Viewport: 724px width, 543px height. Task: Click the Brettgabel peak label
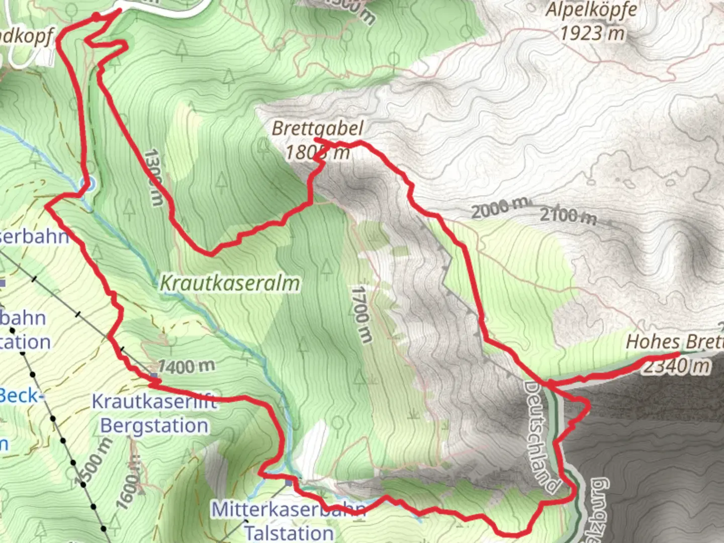317,129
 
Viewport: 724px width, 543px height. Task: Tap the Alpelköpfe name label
592,10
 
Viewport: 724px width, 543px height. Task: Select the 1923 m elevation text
592,34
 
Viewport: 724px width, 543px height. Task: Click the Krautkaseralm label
230,284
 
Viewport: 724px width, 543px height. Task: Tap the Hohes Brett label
674,342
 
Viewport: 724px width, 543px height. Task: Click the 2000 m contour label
500,207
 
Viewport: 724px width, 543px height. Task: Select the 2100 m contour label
568,216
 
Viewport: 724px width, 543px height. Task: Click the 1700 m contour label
361,315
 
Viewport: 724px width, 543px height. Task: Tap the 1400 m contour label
186,367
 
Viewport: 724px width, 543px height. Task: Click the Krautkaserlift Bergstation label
154,413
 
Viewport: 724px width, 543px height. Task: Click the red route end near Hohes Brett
679,354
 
